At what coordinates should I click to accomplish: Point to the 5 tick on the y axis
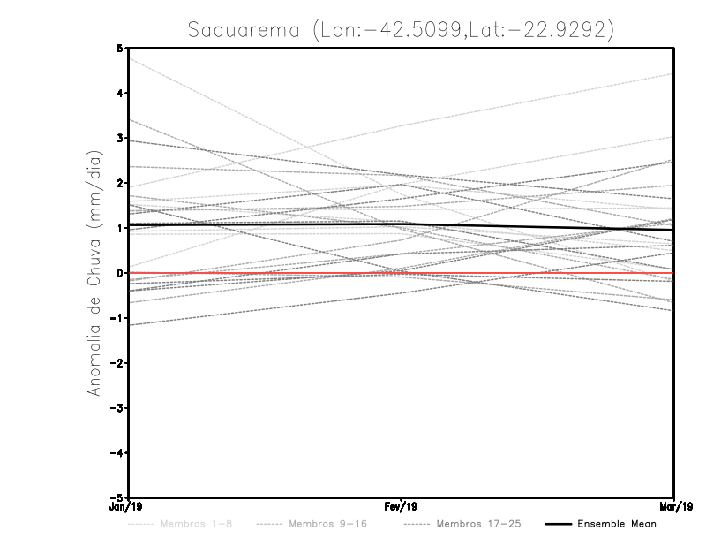pyautogui.click(x=120, y=48)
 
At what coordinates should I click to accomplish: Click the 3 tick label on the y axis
pyautogui.click(x=120, y=138)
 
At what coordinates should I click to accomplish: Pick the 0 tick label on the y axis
pyautogui.click(x=120, y=273)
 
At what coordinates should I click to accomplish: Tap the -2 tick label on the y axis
pyautogui.click(x=117, y=363)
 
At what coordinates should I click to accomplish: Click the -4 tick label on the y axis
pyautogui.click(x=117, y=452)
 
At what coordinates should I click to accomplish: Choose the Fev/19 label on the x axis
pyautogui.click(x=402, y=507)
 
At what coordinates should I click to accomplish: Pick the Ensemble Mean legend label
pyautogui.click(x=616, y=524)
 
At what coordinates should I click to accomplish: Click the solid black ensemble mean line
pyautogui.click(x=265, y=224)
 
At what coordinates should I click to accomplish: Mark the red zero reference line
pyautogui.click(x=265, y=273)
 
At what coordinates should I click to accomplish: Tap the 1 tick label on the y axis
pyautogui.click(x=120, y=228)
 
